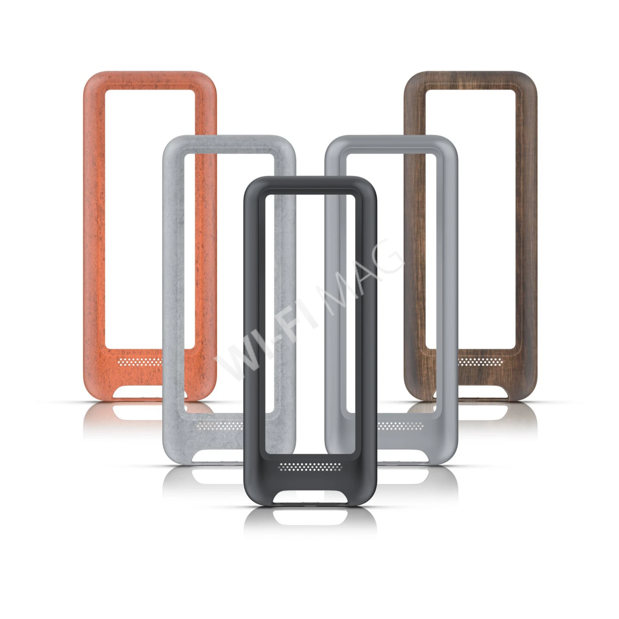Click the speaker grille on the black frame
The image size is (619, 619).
pos(310,467)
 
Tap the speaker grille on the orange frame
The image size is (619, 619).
pos(139,362)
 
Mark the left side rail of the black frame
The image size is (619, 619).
pos(254,322)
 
